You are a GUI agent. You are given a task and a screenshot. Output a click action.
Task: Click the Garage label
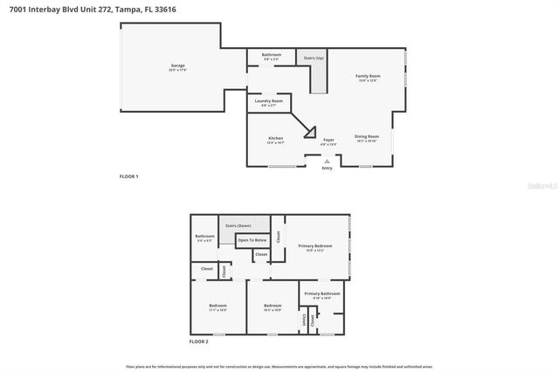point(177,66)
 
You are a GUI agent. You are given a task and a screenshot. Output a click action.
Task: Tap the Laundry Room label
point(268,101)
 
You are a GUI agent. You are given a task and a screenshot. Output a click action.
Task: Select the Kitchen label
point(275,139)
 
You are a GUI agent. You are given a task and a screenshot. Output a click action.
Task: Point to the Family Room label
point(367,77)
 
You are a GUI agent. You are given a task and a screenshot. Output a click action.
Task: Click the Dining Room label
point(366,137)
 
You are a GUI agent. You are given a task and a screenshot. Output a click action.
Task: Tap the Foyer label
point(328,140)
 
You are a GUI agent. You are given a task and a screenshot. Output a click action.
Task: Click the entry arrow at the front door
point(327,161)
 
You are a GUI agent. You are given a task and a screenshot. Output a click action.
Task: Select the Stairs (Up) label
point(314,59)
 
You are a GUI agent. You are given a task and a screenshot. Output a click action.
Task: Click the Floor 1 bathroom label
point(272,55)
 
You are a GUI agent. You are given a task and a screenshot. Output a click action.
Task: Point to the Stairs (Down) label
point(238,225)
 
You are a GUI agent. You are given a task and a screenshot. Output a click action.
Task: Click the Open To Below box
point(252,239)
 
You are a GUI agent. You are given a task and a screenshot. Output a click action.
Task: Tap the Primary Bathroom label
point(322,294)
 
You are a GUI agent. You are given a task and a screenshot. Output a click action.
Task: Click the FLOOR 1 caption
point(128,176)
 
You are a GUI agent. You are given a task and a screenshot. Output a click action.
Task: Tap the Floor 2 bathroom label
point(204,237)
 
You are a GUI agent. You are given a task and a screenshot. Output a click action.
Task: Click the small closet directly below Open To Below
point(261,255)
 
